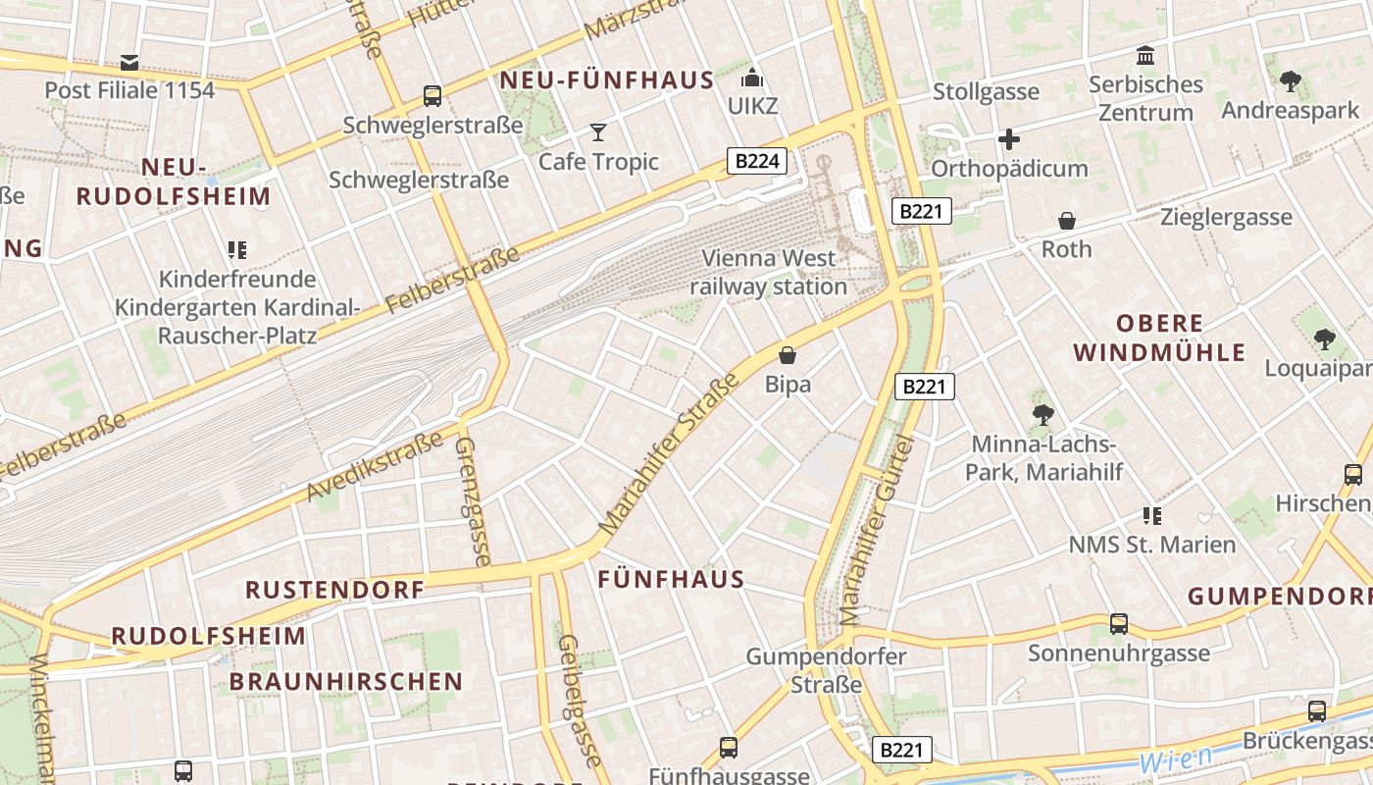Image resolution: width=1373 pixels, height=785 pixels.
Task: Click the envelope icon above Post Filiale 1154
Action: pyautogui.click(x=129, y=63)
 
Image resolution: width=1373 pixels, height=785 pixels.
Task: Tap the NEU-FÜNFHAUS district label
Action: pyautogui.click(x=607, y=80)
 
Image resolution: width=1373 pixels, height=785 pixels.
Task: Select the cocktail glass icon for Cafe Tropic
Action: pyautogui.click(x=598, y=132)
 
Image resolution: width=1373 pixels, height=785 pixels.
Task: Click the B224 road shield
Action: pyautogui.click(x=757, y=161)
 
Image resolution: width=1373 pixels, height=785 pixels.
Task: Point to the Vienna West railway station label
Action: pyautogui.click(x=768, y=273)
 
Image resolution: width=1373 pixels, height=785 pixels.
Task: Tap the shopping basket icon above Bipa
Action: pyautogui.click(x=788, y=355)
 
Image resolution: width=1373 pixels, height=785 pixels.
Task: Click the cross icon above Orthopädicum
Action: pyautogui.click(x=1009, y=139)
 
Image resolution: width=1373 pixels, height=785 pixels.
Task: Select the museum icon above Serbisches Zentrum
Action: pyautogui.click(x=1144, y=55)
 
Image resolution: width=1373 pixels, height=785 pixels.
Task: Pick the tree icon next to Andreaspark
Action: pyautogui.click(x=1291, y=81)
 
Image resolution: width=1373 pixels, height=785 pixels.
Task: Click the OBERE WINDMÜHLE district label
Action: pyautogui.click(x=1159, y=338)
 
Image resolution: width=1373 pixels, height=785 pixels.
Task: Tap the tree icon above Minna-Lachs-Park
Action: pyautogui.click(x=1042, y=415)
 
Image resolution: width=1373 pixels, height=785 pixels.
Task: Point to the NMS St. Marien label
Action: pyautogui.click(x=1151, y=545)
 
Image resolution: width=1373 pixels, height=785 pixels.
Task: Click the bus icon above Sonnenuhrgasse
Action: pyautogui.click(x=1119, y=624)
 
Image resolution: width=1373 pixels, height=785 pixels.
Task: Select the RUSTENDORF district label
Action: pyautogui.click(x=334, y=590)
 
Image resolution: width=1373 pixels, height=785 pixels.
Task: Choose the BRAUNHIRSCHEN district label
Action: pyautogui.click(x=346, y=681)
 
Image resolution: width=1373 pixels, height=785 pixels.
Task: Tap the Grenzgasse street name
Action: pyautogui.click(x=473, y=501)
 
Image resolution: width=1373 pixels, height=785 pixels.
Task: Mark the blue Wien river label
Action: pyautogui.click(x=1175, y=759)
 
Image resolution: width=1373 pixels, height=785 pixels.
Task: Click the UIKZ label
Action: pyautogui.click(x=752, y=105)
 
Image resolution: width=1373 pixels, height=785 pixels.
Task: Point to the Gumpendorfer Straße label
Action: pyautogui.click(x=826, y=670)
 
